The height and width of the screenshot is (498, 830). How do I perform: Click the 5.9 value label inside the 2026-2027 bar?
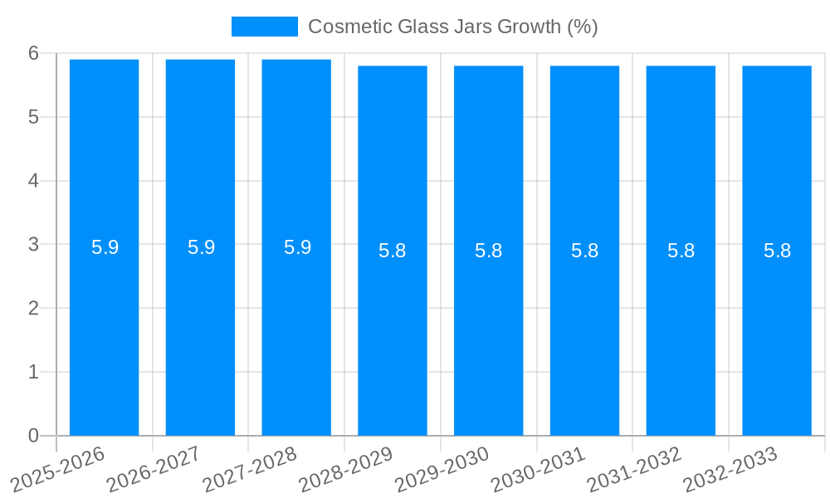[201, 247]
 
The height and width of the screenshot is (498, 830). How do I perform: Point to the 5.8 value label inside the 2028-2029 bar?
[393, 251]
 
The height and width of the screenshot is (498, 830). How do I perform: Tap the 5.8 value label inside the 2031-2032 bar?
[681, 251]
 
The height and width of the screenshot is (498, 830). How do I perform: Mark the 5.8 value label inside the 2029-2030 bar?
[489, 251]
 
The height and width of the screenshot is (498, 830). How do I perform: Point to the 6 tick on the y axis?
[34, 53]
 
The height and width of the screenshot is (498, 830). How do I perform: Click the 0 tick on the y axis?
[34, 436]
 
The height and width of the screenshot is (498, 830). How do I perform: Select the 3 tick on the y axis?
[34, 245]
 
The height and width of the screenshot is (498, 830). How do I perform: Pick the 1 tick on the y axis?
[34, 372]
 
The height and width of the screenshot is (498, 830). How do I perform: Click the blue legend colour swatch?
[264, 27]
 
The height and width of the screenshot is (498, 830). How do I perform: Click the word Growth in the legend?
[528, 27]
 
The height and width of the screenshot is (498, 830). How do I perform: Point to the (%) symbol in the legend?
[582, 27]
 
